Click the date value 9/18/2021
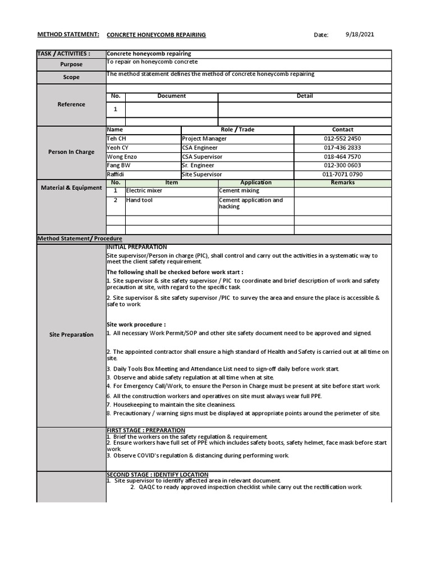360,34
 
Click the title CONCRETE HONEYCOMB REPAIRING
156,35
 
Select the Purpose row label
71,65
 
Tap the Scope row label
71,77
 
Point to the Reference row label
71,104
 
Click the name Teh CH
117,139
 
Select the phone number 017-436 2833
342,148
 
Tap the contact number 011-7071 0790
342,175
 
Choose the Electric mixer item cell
144,191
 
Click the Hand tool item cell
140,200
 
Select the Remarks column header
342,182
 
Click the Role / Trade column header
237,130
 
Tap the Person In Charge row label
71,152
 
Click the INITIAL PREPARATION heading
137,247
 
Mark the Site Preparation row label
71,335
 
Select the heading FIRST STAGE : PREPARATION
146,430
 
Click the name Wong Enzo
122,157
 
